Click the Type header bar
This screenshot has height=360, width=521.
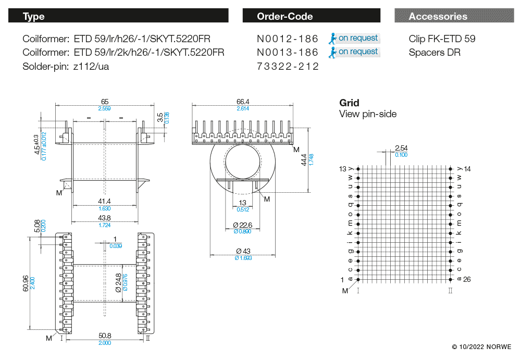pyautogui.click(x=118, y=16)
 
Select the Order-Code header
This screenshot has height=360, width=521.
pyautogui.click(x=311, y=16)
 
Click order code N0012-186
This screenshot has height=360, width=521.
pyautogui.click(x=288, y=39)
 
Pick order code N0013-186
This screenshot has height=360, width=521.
pyautogui.click(x=288, y=53)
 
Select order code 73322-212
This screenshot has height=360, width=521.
pyautogui.click(x=288, y=67)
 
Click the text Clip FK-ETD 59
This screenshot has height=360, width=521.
pyautogui.click(x=442, y=39)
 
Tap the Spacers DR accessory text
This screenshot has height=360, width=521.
pyautogui.click(x=435, y=53)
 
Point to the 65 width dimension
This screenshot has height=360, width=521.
pyautogui.click(x=105, y=102)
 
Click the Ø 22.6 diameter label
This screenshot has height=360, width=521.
pyautogui.click(x=243, y=225)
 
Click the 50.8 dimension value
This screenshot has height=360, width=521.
pyautogui.click(x=105, y=337)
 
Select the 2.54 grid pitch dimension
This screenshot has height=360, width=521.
pyautogui.click(x=401, y=148)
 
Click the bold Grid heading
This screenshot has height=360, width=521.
pyautogui.click(x=349, y=103)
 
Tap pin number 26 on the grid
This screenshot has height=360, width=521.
pyautogui.click(x=467, y=280)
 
